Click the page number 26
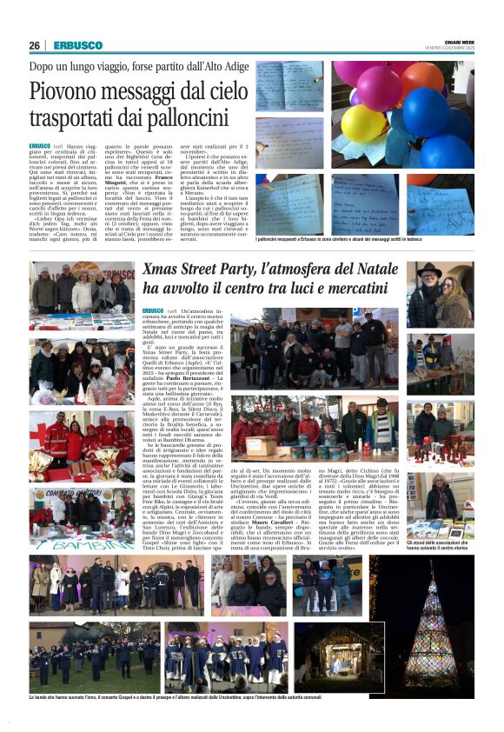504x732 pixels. click(34, 45)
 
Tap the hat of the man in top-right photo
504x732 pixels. click(428, 271)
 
